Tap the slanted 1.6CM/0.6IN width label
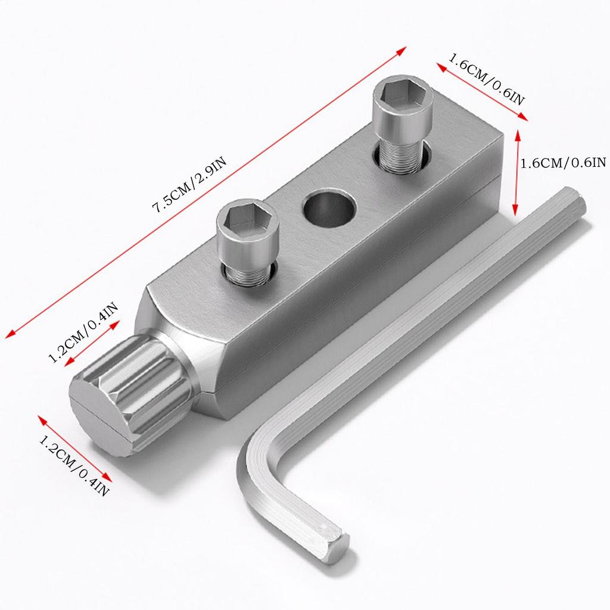[486, 81]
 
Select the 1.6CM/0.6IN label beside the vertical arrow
[562, 163]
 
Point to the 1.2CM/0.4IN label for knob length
[83, 332]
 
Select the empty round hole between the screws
[328, 210]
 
